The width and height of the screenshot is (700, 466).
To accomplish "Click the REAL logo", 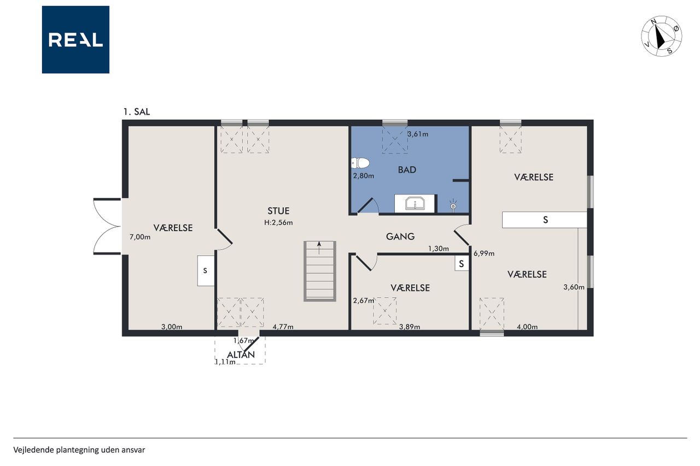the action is coord(75,40).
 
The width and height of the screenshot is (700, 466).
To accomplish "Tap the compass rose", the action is coord(662,36).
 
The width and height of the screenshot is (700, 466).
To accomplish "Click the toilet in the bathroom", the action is coord(360,163).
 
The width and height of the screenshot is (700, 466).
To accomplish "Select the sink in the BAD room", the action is coord(415,204).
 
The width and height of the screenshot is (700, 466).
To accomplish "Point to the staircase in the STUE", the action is coord(320,271).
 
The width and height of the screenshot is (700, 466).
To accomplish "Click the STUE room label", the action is coord(278,211).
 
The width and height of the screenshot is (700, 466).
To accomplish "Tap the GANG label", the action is coord(400,237).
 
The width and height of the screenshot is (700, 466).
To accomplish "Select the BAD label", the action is coord(407,170).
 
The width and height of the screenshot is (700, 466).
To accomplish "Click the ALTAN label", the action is coord(241,355).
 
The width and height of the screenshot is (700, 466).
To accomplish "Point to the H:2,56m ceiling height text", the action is coord(278,222).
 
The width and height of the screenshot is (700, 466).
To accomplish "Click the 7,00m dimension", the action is coord(140,237).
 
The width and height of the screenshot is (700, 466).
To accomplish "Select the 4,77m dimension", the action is coord(283,327).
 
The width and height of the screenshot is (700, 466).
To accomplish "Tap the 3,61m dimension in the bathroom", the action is coord(418,134).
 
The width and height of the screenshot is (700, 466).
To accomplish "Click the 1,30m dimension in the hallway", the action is coord(439,249).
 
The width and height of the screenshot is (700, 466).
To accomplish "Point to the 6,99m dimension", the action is coord(484,253).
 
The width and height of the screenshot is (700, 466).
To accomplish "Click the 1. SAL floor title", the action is coord(137,112).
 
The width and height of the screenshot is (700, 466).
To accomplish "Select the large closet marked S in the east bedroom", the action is coord(544,220).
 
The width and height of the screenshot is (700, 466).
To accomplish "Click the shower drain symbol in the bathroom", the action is coord(453,206).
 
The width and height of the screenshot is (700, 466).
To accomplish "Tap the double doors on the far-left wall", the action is coord(107,226).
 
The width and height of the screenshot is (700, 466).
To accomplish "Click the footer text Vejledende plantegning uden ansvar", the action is coord(79,450).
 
